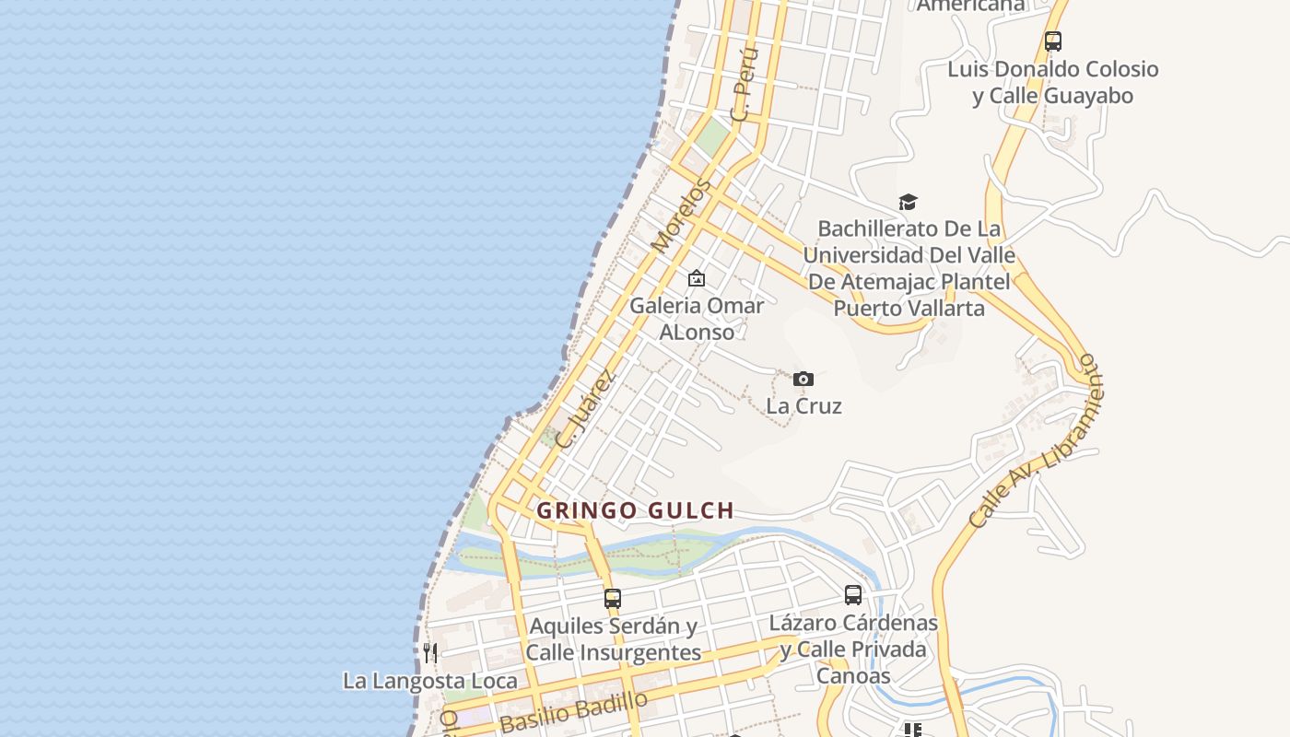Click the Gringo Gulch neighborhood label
635,510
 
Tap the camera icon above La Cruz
803,379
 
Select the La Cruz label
803,405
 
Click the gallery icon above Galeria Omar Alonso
697,278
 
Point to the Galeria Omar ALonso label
697,319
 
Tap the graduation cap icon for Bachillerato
909,202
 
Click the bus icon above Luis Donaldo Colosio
1053,41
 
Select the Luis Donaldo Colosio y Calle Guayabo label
1053,82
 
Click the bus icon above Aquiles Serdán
613,599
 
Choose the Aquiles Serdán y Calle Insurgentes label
613,639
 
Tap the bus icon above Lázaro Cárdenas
853,595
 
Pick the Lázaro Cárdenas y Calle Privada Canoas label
853,649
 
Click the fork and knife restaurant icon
430,653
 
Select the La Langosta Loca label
430,681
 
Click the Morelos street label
682,216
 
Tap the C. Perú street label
744,86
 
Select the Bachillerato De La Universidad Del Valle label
909,268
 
